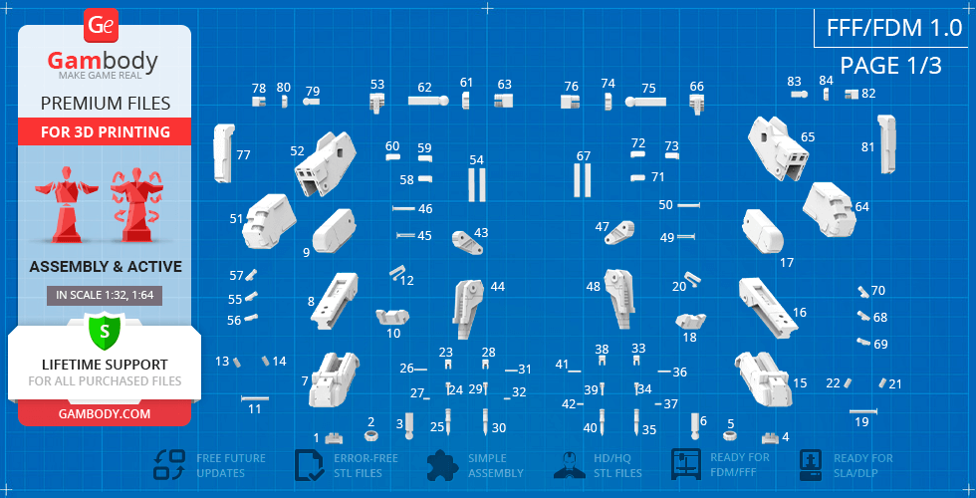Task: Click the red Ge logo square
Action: (x=101, y=26)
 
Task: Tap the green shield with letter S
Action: (x=105, y=331)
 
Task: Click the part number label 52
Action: (x=298, y=150)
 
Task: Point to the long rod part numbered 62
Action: (x=427, y=100)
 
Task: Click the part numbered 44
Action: (x=469, y=309)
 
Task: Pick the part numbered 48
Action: (x=620, y=298)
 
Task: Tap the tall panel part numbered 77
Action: (x=222, y=153)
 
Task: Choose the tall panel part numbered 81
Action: (x=886, y=143)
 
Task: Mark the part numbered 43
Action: (x=469, y=243)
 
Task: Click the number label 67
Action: (x=584, y=155)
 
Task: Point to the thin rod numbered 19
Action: (x=862, y=411)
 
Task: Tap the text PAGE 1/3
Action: (x=890, y=66)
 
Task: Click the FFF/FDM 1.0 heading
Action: (x=894, y=28)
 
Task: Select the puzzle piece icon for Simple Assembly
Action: (x=443, y=464)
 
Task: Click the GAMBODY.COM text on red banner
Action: (x=105, y=414)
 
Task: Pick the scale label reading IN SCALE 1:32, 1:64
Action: (x=105, y=296)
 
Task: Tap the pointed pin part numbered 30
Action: (x=485, y=422)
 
